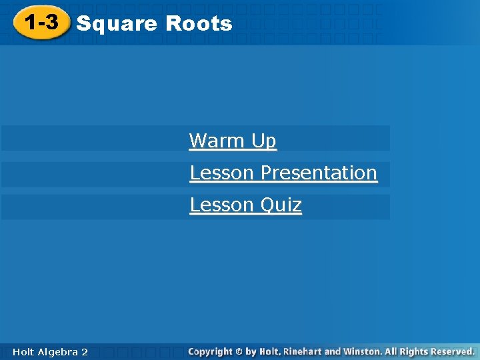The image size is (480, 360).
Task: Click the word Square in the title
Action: click(x=117, y=25)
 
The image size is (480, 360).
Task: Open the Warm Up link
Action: click(x=232, y=141)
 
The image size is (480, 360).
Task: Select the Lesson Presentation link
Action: click(x=283, y=173)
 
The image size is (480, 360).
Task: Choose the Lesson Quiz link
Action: click(x=245, y=205)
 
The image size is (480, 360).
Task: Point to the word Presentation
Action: click(x=319, y=173)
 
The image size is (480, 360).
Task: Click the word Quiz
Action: click(x=281, y=205)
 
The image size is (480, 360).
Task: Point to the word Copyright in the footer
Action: click(x=210, y=351)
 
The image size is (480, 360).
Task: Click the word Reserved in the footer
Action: click(x=452, y=351)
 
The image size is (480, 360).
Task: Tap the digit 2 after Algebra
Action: click(x=84, y=351)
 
